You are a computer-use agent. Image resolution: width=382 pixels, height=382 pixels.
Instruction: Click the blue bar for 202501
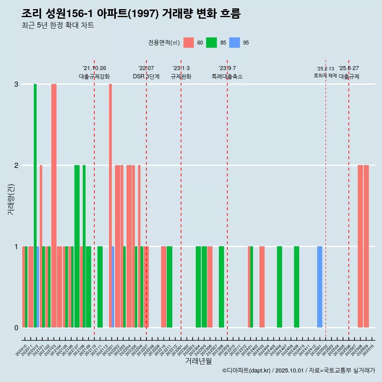click(320, 287)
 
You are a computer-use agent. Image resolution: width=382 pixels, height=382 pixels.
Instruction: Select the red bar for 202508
click(360, 246)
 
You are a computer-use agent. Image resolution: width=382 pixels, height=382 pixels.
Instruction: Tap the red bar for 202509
click(366, 246)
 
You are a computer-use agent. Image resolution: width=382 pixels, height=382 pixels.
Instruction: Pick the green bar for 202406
click(279, 287)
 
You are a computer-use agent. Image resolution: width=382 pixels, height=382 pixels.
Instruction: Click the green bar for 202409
click(296, 287)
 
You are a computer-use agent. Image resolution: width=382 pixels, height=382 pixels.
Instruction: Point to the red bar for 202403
click(262, 287)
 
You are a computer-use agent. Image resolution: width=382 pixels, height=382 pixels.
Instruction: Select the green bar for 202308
click(221, 287)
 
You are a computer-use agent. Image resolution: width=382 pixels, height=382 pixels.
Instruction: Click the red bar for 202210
click(164, 287)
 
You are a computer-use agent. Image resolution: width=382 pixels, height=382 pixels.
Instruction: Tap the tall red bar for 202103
click(54, 205)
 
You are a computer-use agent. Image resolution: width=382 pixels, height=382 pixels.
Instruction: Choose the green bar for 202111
click(100, 287)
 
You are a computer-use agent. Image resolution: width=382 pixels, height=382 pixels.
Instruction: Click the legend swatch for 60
click(189, 43)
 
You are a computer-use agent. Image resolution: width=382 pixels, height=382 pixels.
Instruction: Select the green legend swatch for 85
click(211, 43)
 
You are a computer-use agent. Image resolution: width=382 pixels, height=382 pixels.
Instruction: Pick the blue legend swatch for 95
click(234, 43)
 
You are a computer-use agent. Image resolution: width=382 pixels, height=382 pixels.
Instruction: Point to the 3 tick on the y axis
click(16, 84)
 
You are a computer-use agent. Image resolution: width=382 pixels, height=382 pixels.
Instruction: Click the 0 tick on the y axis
click(16, 327)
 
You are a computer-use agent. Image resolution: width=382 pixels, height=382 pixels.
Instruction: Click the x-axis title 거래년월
click(198, 361)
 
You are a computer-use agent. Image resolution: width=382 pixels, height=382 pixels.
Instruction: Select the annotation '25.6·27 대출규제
click(349, 72)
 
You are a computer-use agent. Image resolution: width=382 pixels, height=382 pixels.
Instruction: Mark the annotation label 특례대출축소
click(227, 76)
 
